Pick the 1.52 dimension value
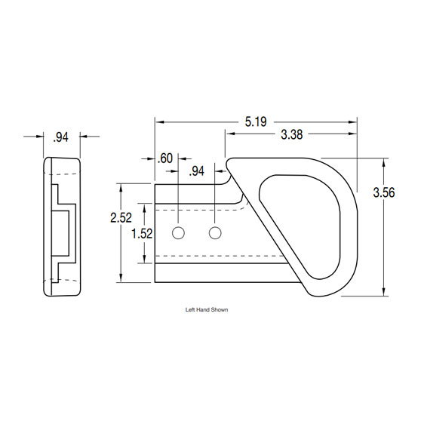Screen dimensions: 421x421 point(142,233)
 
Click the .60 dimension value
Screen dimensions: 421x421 point(165,158)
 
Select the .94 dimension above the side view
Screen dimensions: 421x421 point(61,137)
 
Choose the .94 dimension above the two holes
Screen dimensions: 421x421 point(196,171)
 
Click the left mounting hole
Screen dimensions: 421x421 point(178,232)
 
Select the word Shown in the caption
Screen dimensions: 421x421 point(219,309)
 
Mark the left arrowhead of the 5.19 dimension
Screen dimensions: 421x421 point(159,121)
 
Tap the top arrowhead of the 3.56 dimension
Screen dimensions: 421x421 point(385,161)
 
